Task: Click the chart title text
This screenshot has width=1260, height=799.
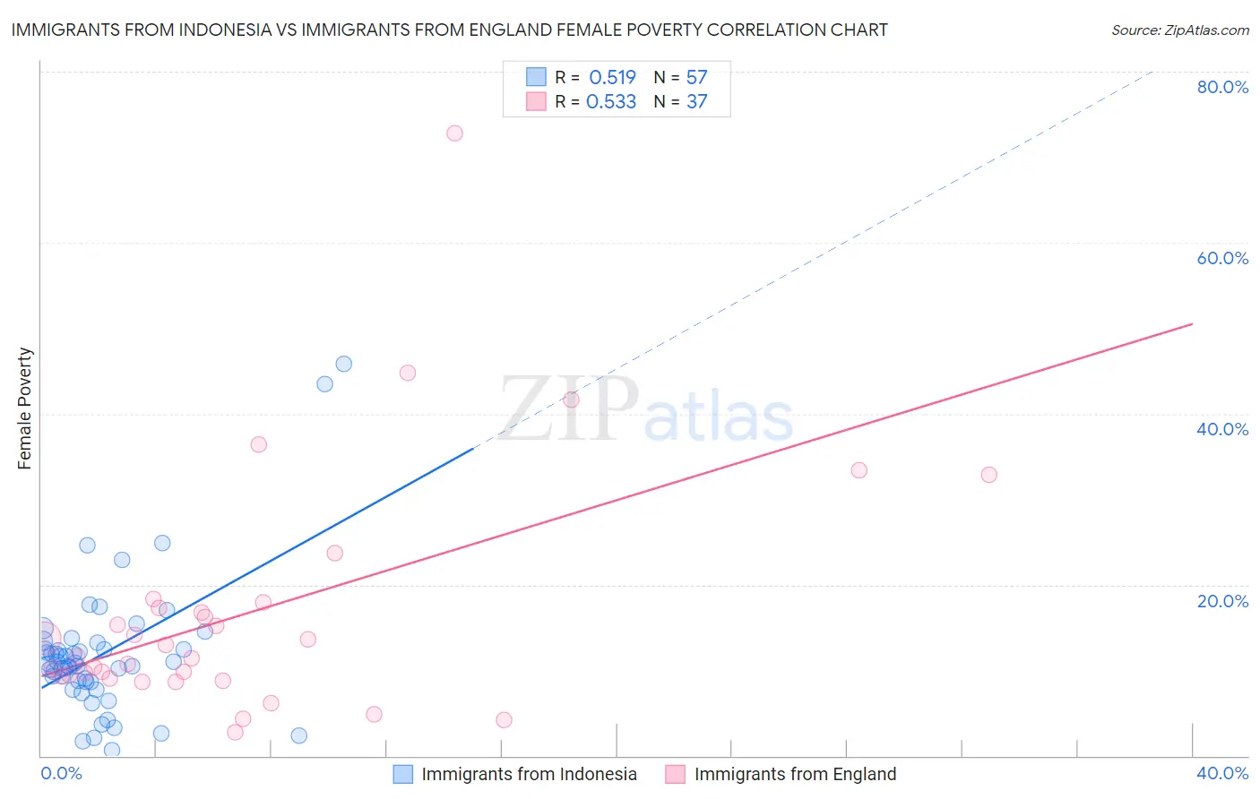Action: pyautogui.click(x=449, y=30)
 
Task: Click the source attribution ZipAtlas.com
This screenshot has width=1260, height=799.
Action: pyautogui.click(x=1179, y=30)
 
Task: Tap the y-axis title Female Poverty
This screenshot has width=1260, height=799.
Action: pyautogui.click(x=25, y=408)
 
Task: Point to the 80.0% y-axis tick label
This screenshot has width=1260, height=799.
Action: pyautogui.click(x=1222, y=87)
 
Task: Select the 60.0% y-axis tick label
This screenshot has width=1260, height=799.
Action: pyautogui.click(x=1222, y=258)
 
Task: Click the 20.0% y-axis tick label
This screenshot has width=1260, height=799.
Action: pyautogui.click(x=1222, y=600)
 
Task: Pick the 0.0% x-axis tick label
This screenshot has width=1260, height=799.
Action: pyautogui.click(x=61, y=773)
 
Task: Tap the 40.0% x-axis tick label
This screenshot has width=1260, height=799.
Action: pyautogui.click(x=1222, y=773)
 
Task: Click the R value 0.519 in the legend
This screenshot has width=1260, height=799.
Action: pyautogui.click(x=612, y=77)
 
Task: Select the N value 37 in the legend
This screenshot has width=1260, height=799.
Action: pyautogui.click(x=696, y=102)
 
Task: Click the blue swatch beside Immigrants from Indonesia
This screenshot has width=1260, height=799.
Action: pyautogui.click(x=403, y=774)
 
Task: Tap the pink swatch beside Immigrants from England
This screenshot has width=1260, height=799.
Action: pyautogui.click(x=675, y=774)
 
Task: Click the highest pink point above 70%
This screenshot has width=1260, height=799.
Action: pyautogui.click(x=454, y=133)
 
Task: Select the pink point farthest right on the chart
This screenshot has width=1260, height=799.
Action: pyautogui.click(x=988, y=475)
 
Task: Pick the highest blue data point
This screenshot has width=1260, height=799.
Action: pyautogui.click(x=343, y=364)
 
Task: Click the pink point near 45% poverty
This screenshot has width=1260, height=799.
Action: pyautogui.click(x=408, y=373)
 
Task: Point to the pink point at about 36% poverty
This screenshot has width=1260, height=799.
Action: pyautogui.click(x=259, y=444)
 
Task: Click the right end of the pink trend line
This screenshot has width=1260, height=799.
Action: pyautogui.click(x=1192, y=323)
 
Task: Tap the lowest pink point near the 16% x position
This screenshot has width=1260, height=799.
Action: pyautogui.click(x=504, y=720)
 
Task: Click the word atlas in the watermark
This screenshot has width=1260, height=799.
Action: pyautogui.click(x=719, y=417)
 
